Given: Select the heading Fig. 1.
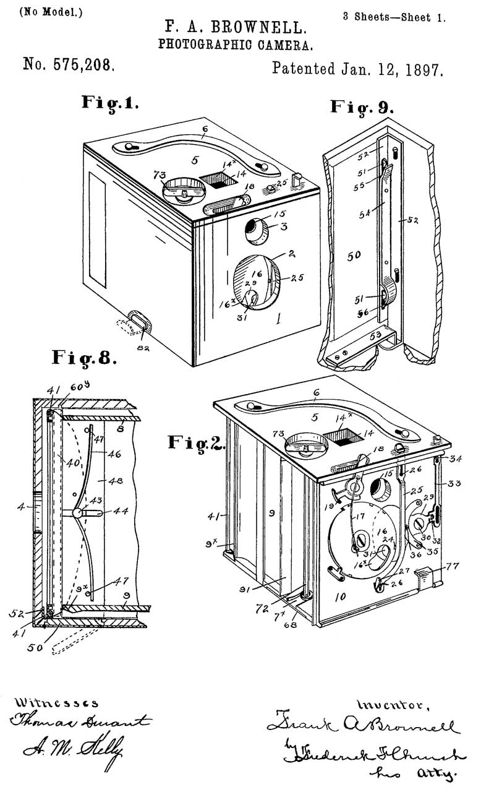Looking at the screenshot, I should coord(110,103).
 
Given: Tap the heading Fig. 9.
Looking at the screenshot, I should coord(362,106).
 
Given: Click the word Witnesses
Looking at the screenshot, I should coord(56,703).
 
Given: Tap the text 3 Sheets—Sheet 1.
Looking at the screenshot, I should coord(394,17).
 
